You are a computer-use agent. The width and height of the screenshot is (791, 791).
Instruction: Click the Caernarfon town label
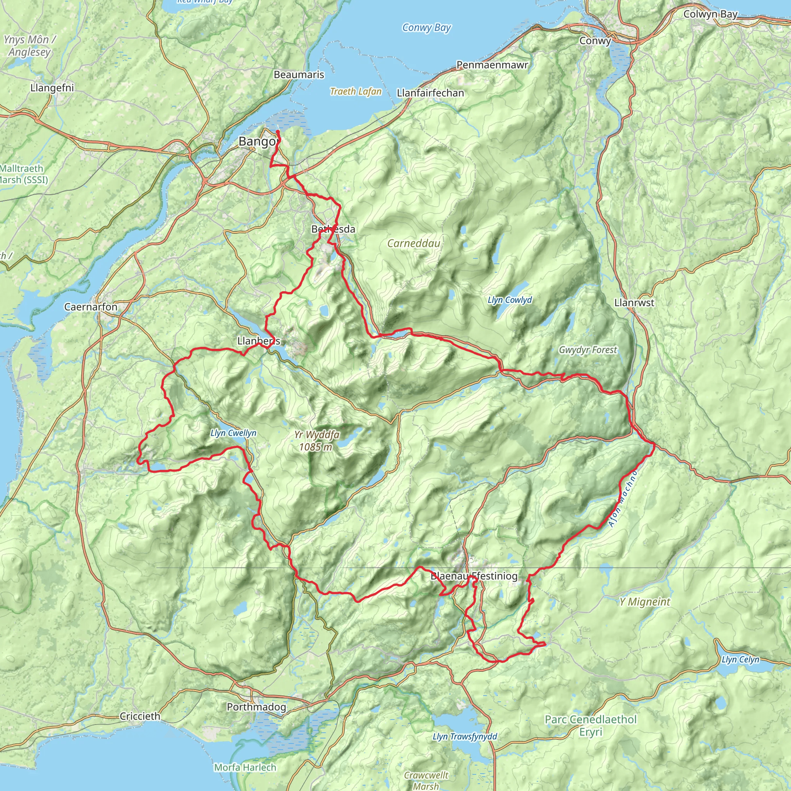click(90, 307)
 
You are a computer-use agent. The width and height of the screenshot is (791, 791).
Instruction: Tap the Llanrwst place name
click(634, 302)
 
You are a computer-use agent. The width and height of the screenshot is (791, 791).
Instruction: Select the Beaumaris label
click(299, 75)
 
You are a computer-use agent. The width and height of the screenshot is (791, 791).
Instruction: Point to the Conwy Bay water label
click(426, 27)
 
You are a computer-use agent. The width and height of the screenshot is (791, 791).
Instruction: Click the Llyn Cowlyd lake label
click(510, 300)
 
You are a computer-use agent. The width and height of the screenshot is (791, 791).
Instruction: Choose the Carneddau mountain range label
click(414, 243)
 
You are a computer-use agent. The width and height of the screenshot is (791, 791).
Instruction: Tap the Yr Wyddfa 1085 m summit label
click(316, 441)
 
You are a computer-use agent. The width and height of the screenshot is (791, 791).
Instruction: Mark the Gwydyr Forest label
click(587, 350)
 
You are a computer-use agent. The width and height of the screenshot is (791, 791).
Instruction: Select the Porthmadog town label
click(256, 707)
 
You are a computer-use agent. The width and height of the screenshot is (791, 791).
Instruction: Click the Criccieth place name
click(140, 716)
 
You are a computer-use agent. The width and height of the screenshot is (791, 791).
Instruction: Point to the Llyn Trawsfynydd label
click(465, 737)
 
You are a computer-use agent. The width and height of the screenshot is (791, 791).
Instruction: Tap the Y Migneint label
click(645, 601)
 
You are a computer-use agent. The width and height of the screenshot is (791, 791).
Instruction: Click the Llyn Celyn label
click(740, 660)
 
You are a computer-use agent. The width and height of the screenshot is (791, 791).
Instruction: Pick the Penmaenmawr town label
click(492, 65)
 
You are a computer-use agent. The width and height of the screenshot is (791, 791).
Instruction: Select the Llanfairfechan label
click(430, 93)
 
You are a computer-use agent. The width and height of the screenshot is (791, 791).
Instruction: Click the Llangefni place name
click(52, 88)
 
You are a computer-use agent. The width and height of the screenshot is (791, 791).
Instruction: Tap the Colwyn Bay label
click(710, 14)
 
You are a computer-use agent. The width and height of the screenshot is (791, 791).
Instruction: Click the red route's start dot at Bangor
click(278, 131)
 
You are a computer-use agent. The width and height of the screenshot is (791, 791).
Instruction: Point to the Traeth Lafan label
click(356, 91)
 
